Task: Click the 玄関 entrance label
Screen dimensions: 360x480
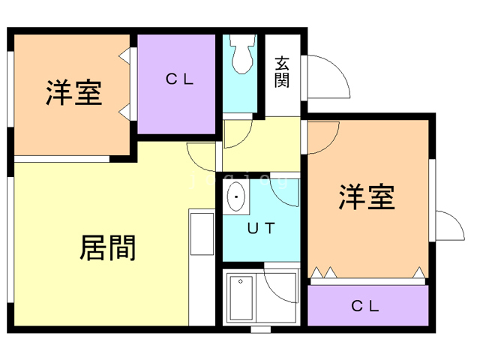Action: pyautogui.click(x=282, y=73)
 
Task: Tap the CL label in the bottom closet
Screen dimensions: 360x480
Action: pyautogui.click(x=366, y=306)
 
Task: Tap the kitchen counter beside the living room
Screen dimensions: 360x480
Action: pyautogui.click(x=202, y=234)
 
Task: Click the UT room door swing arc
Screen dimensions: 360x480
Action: pyautogui.click(x=287, y=193)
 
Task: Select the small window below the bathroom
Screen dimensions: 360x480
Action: pyautogui.click(x=260, y=328)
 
